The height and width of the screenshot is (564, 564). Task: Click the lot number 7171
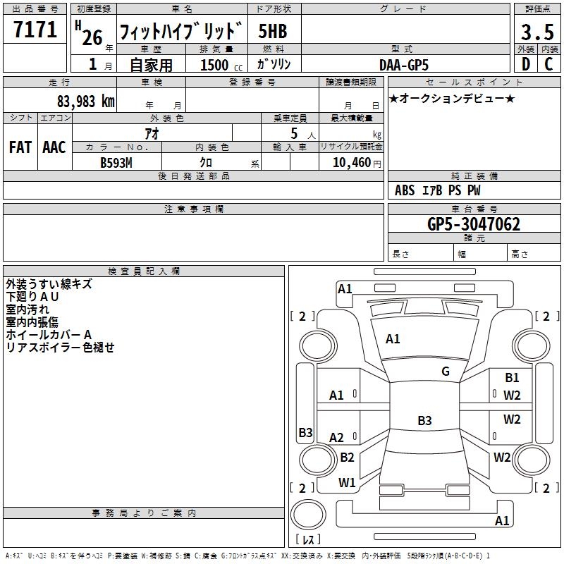[35, 30]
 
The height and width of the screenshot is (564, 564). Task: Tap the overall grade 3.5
[537, 32]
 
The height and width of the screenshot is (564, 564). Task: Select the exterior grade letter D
[525, 64]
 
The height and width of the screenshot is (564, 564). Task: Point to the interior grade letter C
[548, 64]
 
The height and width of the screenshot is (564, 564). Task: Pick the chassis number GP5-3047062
[474, 224]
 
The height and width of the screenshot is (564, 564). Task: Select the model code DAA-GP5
[404, 65]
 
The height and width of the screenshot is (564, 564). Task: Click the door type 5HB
[272, 32]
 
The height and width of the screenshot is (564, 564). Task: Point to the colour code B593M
[117, 162]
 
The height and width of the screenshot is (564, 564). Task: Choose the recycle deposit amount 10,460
[350, 162]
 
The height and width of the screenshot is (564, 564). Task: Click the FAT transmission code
[20, 147]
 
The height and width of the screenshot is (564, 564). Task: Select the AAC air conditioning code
[54, 147]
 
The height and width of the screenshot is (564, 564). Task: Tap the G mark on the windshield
[446, 371]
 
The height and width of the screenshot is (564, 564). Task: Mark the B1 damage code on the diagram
[512, 378]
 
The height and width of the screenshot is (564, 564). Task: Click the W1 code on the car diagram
[347, 482]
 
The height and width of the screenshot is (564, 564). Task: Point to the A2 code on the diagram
[337, 438]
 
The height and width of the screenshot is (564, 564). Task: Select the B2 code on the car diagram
[347, 457]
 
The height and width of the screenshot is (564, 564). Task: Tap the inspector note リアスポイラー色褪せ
[60, 348]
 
